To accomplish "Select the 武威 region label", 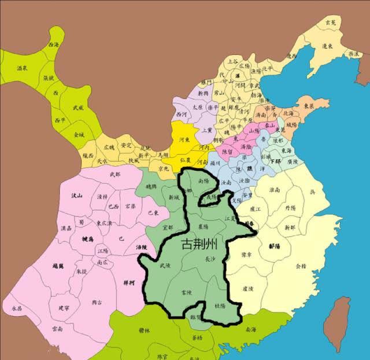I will tap(78, 107).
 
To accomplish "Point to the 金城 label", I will tap(79, 135).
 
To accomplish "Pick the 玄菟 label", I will tap(331, 22).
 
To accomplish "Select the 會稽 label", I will tap(301, 266).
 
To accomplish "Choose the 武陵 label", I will tap(165, 265).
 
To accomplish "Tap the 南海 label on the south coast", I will tap(250, 329).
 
